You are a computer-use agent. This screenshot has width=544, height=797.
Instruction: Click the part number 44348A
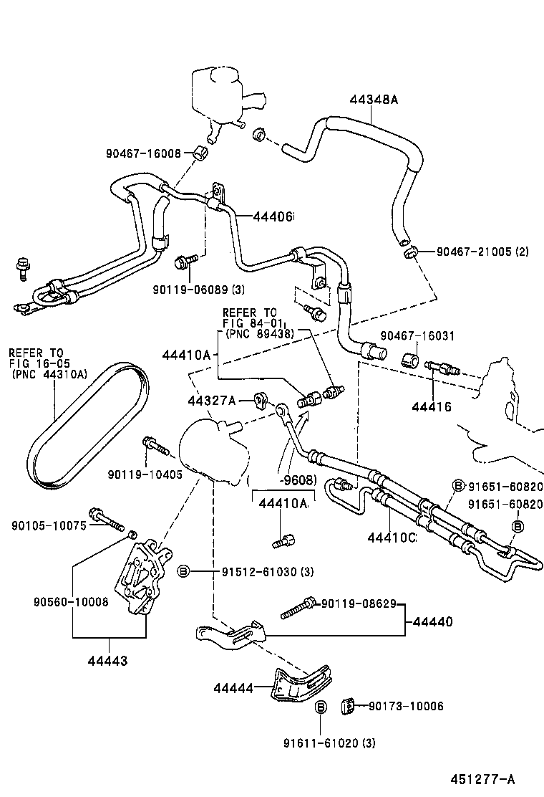(374, 100)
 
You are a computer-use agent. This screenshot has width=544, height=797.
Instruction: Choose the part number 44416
(432, 407)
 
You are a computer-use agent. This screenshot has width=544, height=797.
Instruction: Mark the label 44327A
(212, 400)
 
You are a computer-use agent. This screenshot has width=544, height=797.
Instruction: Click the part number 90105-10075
(49, 525)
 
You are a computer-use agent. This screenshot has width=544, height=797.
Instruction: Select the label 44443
(109, 660)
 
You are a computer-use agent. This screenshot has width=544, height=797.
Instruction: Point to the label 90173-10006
(406, 706)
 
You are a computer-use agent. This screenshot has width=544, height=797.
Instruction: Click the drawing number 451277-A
(482, 779)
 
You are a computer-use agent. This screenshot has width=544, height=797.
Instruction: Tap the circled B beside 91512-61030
(183, 571)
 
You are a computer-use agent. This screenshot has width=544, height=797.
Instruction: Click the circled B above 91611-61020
(321, 707)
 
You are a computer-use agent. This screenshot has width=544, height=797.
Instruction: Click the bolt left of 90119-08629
(298, 608)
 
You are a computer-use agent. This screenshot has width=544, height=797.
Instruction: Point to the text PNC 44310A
(49, 373)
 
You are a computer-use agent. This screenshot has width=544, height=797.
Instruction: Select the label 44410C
(392, 538)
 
